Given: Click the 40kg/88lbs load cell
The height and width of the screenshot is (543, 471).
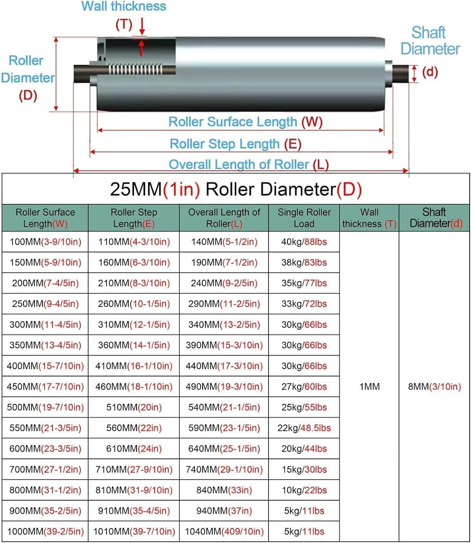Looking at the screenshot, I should (x=304, y=242).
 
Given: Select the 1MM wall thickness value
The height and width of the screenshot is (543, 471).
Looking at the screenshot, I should (x=369, y=387).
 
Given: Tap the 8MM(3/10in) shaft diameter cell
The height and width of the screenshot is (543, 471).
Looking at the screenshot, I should (x=434, y=387).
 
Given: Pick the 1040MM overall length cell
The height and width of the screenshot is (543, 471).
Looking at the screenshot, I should (x=224, y=532).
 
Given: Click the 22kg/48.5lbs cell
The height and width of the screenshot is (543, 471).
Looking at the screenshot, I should (x=304, y=428).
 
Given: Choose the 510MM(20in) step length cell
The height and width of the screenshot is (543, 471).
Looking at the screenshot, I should (x=134, y=408).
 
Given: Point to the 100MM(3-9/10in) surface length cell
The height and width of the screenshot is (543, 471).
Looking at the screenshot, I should (x=45, y=242).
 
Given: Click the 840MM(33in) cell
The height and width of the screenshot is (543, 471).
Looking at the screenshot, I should (x=224, y=490).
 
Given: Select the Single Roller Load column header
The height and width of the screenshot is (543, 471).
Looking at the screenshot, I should (x=304, y=218).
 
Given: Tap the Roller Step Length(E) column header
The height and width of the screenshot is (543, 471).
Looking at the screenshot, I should (x=134, y=218).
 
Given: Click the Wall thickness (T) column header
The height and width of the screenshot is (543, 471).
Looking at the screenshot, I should (x=369, y=218).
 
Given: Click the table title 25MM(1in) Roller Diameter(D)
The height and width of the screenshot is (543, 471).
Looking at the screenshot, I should (x=236, y=189).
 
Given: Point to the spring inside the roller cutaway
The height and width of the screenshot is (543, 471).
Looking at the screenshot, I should (x=135, y=69).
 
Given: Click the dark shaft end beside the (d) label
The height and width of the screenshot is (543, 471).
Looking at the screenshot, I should (x=401, y=73).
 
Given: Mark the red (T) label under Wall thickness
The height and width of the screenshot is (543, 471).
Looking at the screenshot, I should (x=124, y=25).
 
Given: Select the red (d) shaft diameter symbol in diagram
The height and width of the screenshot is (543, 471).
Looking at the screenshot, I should (x=430, y=72).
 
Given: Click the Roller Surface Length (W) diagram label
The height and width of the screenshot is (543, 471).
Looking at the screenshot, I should (x=245, y=122).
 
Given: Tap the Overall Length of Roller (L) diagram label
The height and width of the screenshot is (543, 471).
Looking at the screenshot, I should (x=249, y=165).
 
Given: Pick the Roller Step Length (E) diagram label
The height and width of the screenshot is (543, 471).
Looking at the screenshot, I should (x=235, y=144).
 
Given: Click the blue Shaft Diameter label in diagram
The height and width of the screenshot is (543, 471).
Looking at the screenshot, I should (x=430, y=41).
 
